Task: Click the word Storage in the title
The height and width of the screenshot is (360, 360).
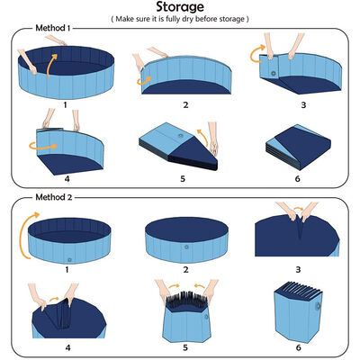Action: tap(179, 8)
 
